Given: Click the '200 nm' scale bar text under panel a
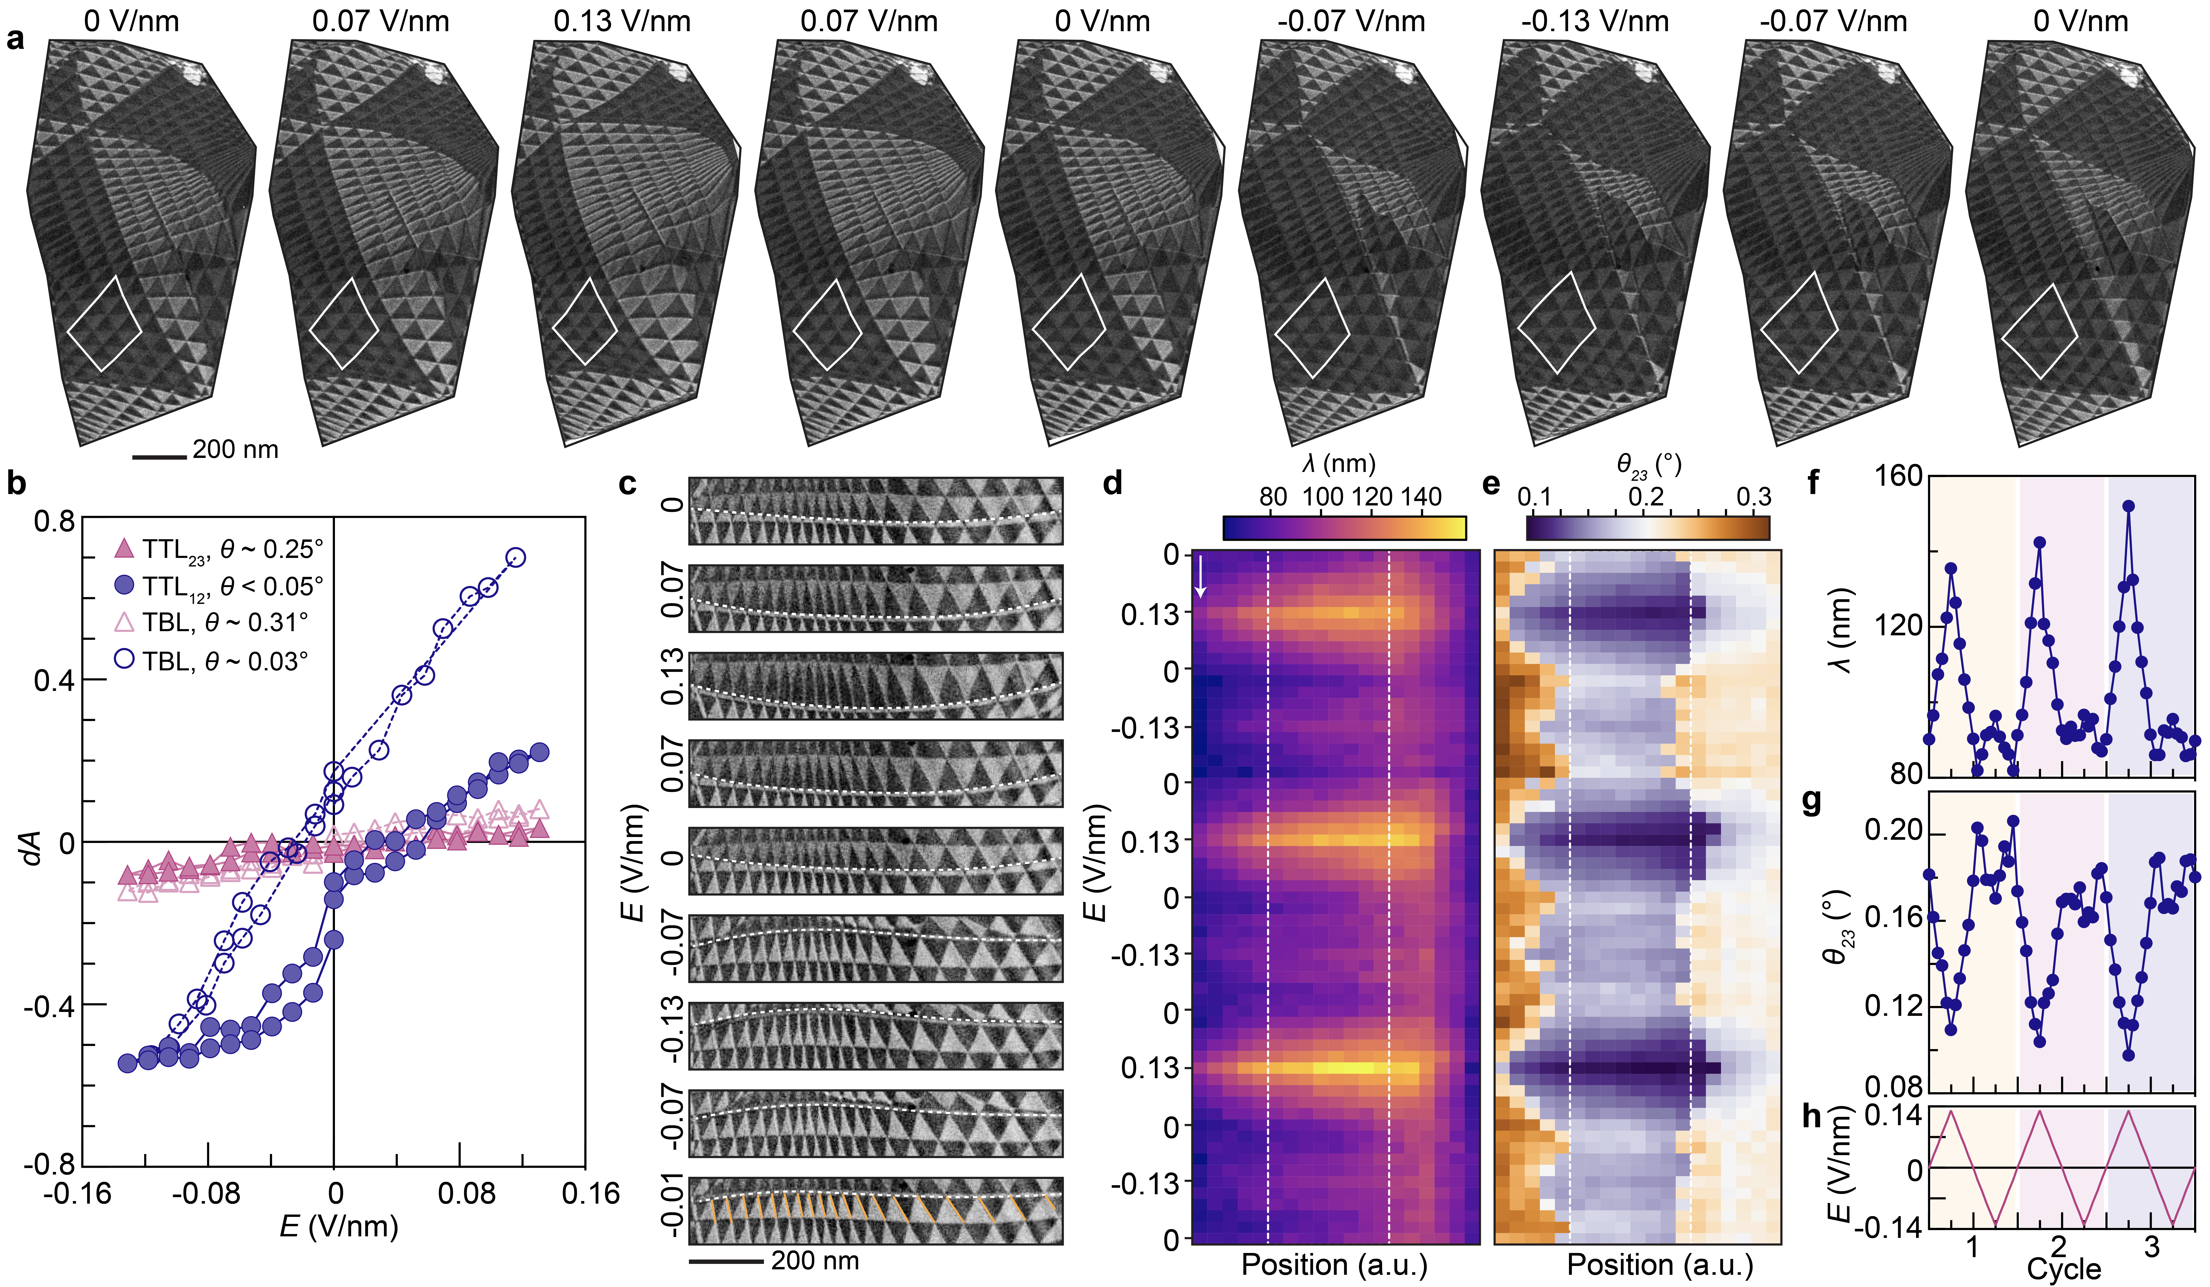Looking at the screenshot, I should click(235, 450).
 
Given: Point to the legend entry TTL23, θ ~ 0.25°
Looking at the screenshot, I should click(232, 550).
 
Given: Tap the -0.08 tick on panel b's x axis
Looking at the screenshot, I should click(208, 1194).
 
